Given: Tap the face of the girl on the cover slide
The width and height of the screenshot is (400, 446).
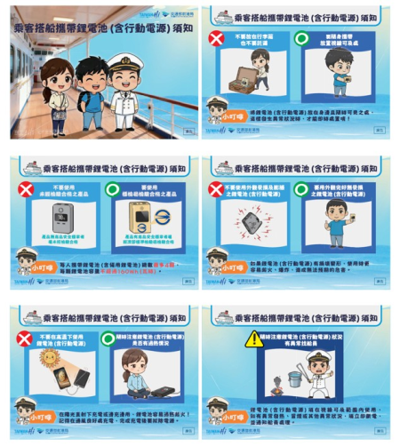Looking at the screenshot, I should (57, 79).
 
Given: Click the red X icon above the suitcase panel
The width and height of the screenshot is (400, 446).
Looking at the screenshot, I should (216, 38).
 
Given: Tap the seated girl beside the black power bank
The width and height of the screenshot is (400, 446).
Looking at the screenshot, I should (134, 370).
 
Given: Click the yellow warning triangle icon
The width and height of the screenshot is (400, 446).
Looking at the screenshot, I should (254, 338).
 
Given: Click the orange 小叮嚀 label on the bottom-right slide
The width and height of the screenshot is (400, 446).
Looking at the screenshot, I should (234, 415).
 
